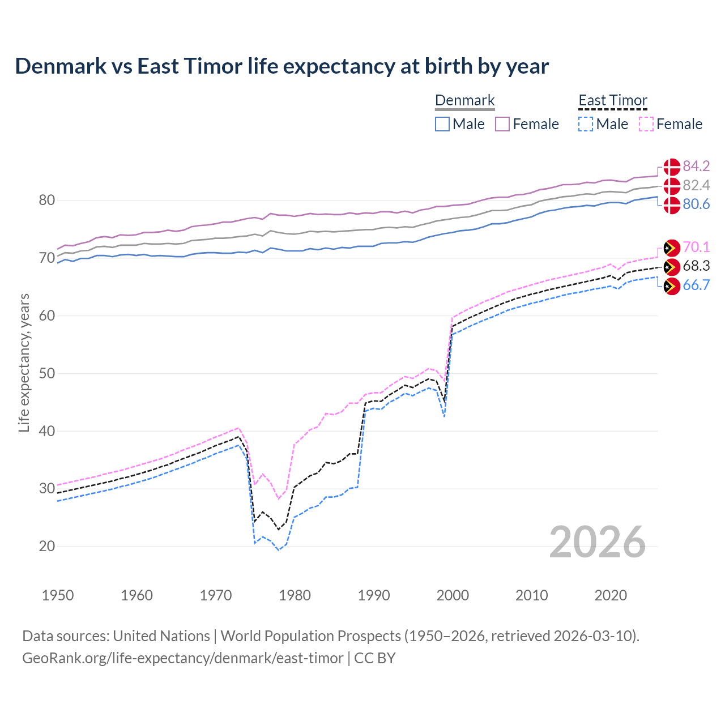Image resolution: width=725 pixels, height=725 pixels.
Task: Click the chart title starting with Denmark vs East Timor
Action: [x=282, y=66]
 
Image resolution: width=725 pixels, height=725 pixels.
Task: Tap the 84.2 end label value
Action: [x=696, y=166]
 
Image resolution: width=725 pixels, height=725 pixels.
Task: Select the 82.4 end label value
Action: [x=696, y=185]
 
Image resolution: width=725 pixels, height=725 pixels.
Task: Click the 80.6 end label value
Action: [x=696, y=204]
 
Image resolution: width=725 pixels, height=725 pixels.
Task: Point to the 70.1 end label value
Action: [x=696, y=247]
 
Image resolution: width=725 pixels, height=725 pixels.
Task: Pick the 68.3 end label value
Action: [x=696, y=266]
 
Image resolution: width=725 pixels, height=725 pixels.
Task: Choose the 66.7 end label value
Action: [x=696, y=285]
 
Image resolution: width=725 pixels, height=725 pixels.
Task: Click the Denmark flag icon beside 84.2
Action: [x=672, y=167]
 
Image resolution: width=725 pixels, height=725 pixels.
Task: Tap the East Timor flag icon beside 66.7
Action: [x=672, y=287]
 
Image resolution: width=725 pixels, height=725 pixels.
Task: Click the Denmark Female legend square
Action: [x=502, y=124]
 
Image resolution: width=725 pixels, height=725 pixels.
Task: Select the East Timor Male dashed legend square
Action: [x=586, y=124]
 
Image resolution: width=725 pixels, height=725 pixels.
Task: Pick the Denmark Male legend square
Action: [x=442, y=124]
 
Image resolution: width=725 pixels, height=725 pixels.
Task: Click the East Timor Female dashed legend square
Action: [x=646, y=124]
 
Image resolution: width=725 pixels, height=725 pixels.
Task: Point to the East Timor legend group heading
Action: [x=613, y=100]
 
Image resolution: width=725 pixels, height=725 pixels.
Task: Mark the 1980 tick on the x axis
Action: [x=295, y=595]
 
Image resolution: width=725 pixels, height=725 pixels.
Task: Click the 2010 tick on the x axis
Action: [x=531, y=595]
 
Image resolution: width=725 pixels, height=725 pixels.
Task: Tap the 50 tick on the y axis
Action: [x=47, y=373]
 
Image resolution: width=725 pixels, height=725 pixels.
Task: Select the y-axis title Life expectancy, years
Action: [x=24, y=362]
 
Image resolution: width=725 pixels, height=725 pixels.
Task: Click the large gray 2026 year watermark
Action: [x=598, y=542]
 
